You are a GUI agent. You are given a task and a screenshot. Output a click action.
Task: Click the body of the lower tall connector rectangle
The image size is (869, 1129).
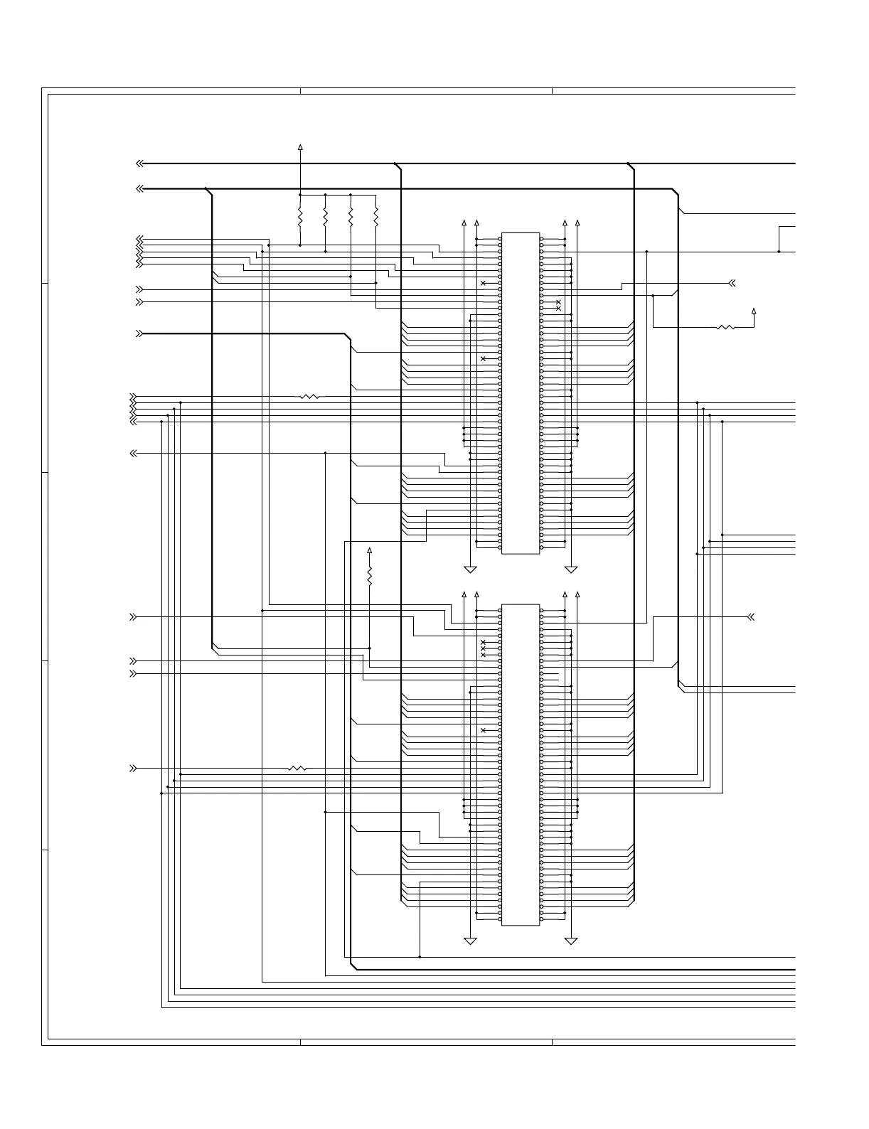tap(521, 765)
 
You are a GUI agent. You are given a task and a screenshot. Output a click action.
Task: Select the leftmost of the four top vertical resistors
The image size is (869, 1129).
tap(300, 216)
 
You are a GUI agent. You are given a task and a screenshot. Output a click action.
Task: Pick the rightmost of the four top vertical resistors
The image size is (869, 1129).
tap(376, 216)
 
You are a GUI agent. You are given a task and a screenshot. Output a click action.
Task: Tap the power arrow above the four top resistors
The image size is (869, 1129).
tap(300, 147)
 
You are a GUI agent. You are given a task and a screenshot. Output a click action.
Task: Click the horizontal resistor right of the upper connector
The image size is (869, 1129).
tap(725, 327)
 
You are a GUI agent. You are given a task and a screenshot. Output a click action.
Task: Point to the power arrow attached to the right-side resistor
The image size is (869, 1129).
tap(754, 311)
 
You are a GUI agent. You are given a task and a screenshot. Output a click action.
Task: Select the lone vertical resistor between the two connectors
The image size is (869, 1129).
tap(370, 574)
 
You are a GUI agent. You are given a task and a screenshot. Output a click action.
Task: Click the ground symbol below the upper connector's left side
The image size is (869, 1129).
tap(470, 569)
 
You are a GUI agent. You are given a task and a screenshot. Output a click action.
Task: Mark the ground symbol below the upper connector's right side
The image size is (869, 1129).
tap(571, 569)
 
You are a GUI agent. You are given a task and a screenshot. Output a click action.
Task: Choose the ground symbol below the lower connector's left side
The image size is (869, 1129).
tap(470, 941)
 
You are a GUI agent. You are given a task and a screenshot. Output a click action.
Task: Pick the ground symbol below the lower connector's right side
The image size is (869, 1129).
tap(571, 941)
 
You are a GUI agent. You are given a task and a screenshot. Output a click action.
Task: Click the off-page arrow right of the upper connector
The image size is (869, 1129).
tap(731, 284)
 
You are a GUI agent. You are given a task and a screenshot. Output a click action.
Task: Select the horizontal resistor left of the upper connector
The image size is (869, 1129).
tap(311, 396)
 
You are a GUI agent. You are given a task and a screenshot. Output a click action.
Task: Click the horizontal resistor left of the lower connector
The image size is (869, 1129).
tap(298, 769)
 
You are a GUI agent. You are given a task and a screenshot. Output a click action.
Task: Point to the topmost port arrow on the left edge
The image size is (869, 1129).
tap(140, 164)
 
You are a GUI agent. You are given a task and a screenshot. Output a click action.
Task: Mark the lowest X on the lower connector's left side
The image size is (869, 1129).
tap(484, 731)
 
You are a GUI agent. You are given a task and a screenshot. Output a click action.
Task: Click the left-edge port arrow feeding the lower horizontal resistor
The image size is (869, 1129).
tap(133, 769)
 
